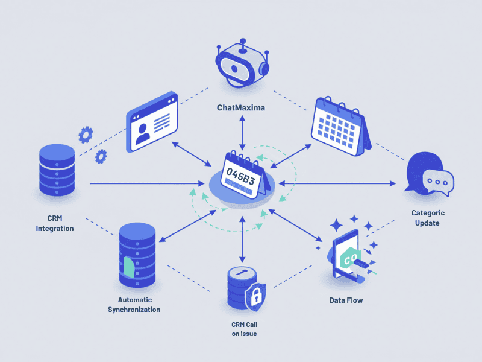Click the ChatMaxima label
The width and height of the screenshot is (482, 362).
pos(241,108)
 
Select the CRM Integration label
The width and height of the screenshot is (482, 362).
pos(55,223)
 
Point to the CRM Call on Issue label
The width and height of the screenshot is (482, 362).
pos(244,329)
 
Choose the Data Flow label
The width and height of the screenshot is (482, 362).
pos(346,300)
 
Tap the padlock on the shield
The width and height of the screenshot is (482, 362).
pos(256,296)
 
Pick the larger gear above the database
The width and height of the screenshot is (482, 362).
pos(86,133)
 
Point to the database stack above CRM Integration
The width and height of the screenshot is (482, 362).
pos(57,170)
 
